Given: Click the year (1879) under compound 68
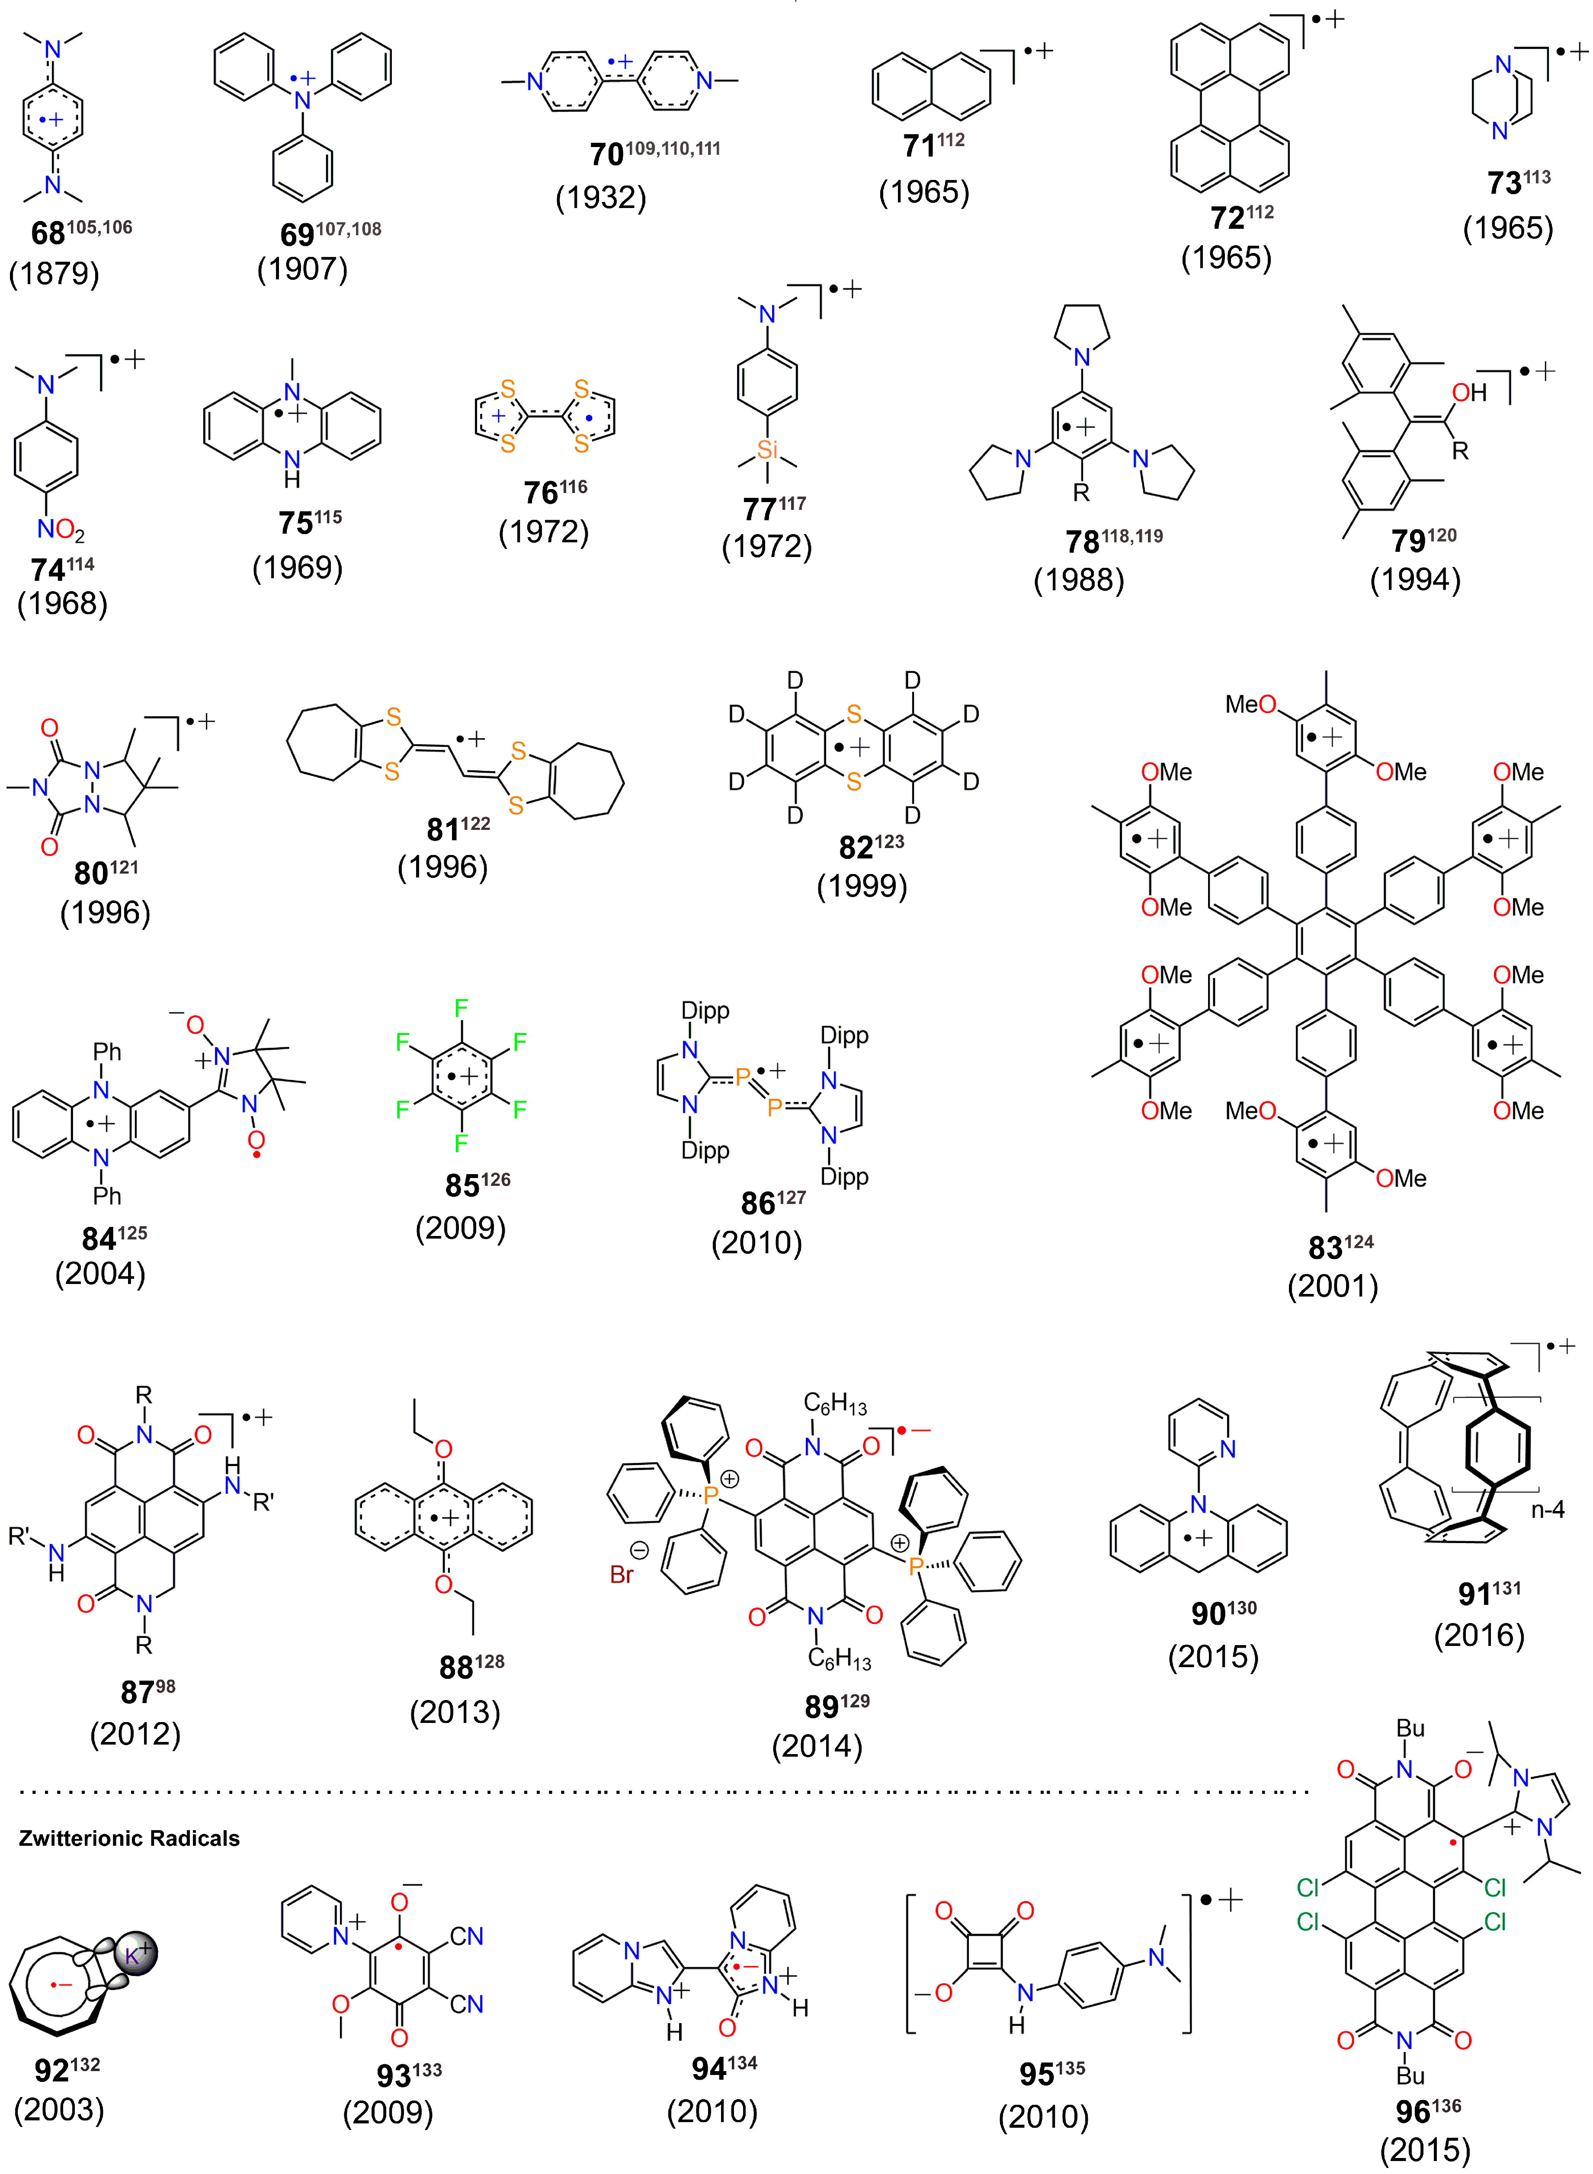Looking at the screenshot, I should (x=54, y=274).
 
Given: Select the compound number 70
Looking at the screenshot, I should (x=606, y=154).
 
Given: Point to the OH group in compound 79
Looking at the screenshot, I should (x=1468, y=392).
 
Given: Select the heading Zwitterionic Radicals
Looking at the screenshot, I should (x=129, y=1838).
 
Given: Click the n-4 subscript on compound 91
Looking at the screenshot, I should (x=1548, y=1509).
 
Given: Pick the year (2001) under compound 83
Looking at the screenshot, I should (x=1333, y=1286).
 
